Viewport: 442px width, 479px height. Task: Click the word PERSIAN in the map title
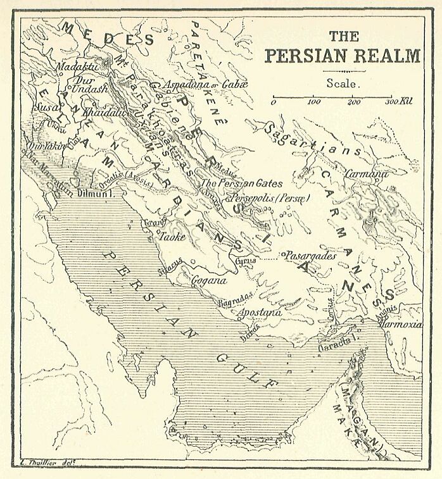point(302,56)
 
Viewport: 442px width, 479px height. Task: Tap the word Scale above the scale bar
point(343,83)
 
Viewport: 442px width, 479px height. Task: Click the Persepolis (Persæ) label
point(272,198)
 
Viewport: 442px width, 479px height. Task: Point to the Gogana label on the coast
point(206,279)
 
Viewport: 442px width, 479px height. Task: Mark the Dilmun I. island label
point(94,196)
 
